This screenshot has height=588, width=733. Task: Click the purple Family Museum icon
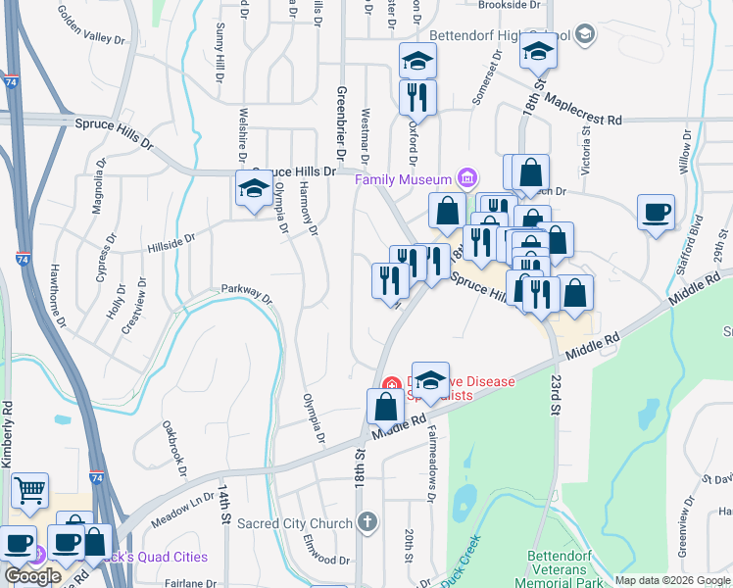[467, 179]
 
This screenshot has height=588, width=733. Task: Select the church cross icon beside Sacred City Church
[366, 521]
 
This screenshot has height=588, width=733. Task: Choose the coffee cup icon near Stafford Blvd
[656, 212]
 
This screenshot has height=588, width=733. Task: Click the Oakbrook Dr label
[177, 449]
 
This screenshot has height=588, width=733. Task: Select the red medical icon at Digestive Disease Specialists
[391, 384]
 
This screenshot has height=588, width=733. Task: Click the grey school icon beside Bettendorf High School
[585, 35]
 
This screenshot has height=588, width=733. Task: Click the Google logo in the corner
[32, 575]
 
